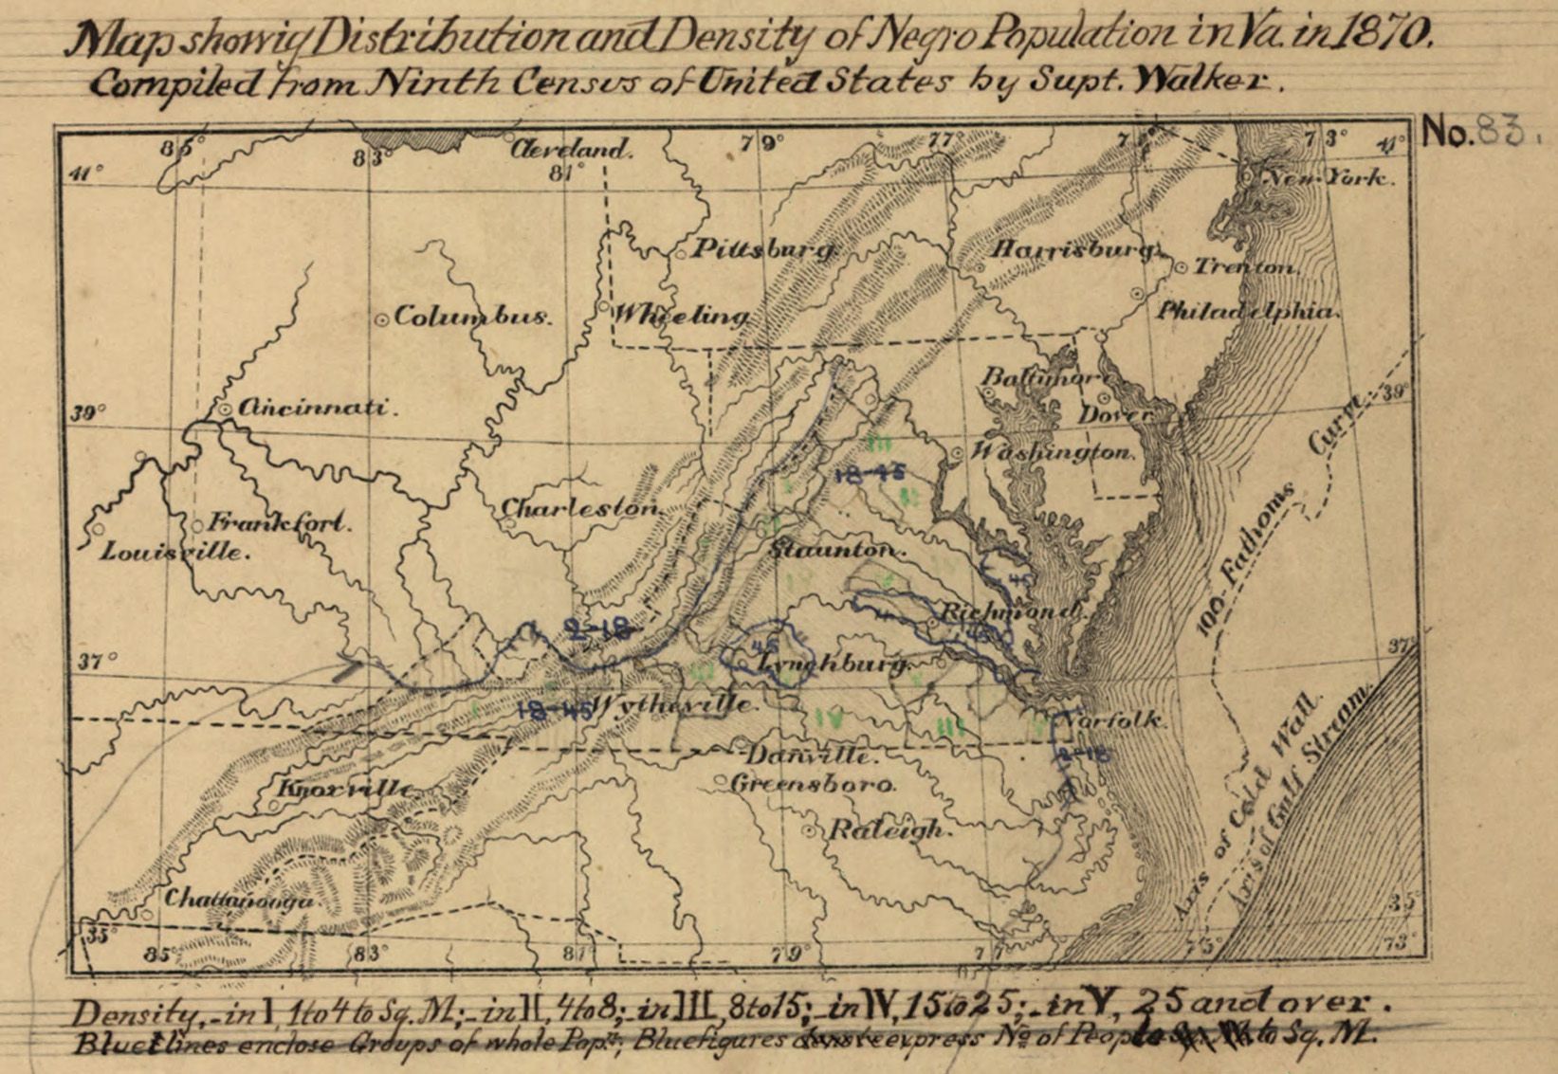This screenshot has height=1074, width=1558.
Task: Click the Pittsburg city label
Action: pyautogui.click(x=763, y=249)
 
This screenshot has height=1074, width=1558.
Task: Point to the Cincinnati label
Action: pyautogui.click(x=313, y=409)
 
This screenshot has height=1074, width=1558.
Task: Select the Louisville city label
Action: pyautogui.click(x=174, y=551)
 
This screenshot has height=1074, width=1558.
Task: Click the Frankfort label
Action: pyautogui.click(x=280, y=521)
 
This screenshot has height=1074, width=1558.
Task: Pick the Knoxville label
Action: pyautogui.click(x=346, y=789)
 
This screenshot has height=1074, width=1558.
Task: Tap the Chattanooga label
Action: pyautogui.click(x=239, y=900)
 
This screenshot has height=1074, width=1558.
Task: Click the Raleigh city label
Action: pyautogui.click(x=887, y=830)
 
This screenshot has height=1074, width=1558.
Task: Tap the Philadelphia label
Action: pyautogui.click(x=1244, y=310)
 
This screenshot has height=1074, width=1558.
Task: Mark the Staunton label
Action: pyautogui.click(x=834, y=550)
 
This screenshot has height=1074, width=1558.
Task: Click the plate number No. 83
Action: pyautogui.click(x=1474, y=133)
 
